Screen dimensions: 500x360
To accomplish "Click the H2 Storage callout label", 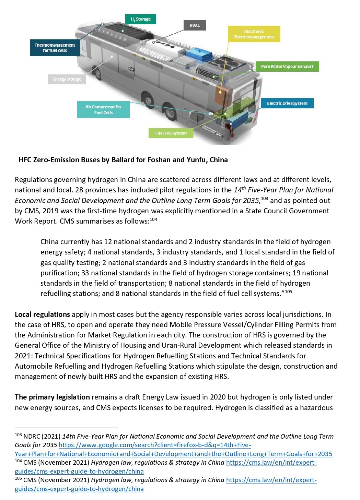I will (x=141, y=19).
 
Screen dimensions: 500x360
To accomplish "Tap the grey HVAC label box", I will (x=195, y=25).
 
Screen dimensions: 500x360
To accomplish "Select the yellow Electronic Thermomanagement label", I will (x=254, y=34).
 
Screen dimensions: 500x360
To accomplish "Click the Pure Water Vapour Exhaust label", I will (x=287, y=67).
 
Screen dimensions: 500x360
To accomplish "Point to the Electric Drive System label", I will (x=287, y=103).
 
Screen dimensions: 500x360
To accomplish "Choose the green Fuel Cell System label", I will (x=171, y=133).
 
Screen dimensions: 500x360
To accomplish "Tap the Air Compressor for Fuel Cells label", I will (x=103, y=110).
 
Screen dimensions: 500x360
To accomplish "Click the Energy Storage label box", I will (x=67, y=79).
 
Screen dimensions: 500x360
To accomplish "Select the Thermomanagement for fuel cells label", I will (x=55, y=48).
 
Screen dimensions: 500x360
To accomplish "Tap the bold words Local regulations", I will (x=42, y=314).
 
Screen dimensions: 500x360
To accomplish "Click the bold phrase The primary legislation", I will (x=52, y=397).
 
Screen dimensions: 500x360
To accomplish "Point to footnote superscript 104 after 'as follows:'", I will (x=153, y=219).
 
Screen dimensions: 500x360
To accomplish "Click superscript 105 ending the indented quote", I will (x=289, y=292).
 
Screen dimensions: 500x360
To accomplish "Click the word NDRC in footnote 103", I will (x=32, y=437).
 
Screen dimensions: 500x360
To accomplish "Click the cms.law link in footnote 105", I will (x=271, y=480).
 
